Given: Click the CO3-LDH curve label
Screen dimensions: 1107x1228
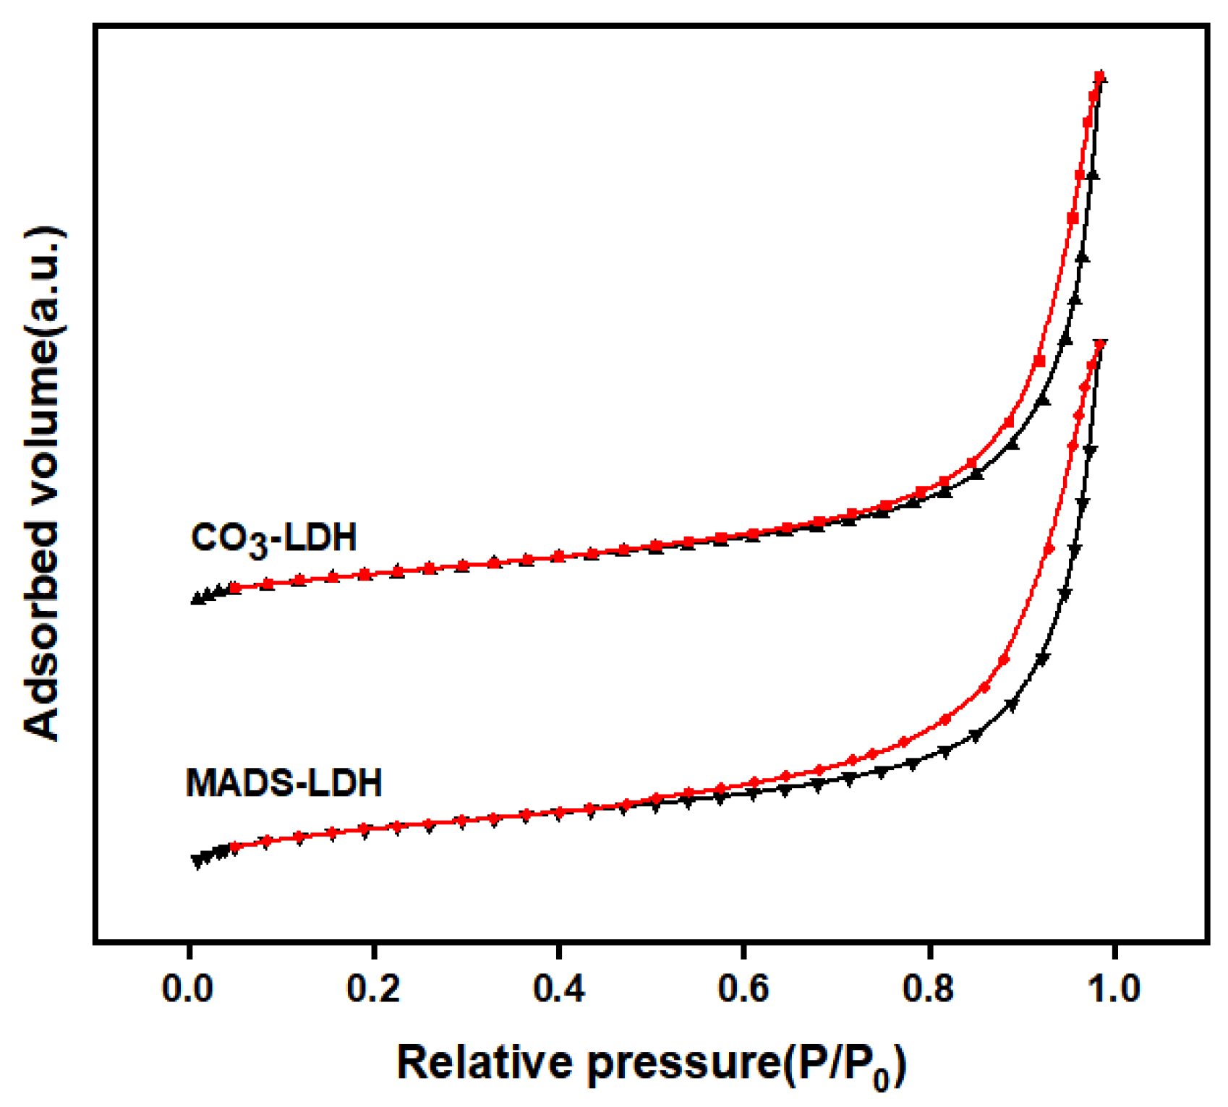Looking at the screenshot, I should point(274,539).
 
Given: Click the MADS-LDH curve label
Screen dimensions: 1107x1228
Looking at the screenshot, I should point(283,784).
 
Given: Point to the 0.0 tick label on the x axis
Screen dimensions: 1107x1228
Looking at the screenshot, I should point(187,988).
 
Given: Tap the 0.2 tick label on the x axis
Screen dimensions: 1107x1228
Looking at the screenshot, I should point(373,988).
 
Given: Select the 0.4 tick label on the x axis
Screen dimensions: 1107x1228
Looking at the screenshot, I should point(558,988).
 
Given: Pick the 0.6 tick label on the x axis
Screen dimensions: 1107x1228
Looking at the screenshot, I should point(743,988).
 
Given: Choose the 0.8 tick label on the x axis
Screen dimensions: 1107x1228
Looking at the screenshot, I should point(929,988).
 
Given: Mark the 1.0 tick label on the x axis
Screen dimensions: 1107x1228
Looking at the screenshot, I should point(1114,988).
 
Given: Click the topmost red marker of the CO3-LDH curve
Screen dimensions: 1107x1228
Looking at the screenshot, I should point(1099,77).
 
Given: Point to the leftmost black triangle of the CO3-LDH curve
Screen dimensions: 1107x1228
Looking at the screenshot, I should point(196,599).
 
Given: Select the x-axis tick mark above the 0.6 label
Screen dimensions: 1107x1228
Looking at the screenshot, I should point(743,949).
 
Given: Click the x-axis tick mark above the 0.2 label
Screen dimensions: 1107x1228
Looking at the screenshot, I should point(373,949).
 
